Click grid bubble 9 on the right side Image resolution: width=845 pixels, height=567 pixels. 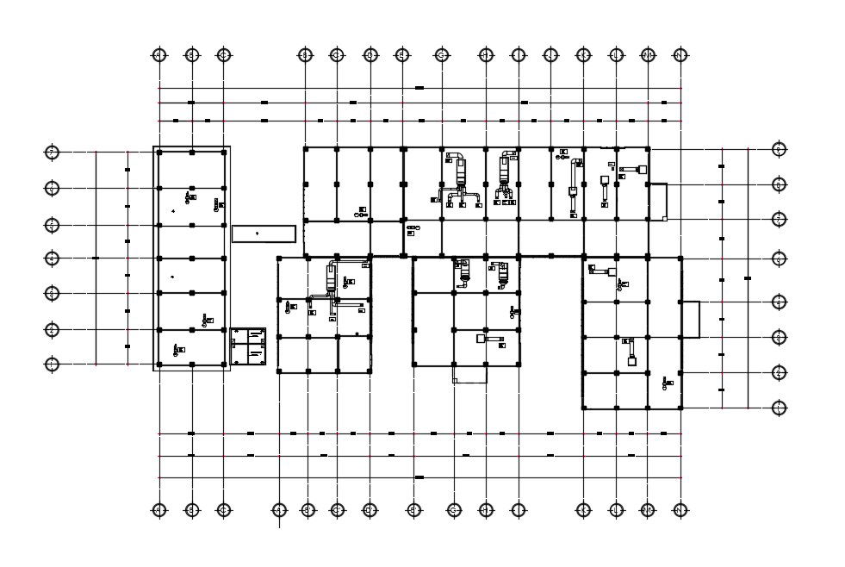780,149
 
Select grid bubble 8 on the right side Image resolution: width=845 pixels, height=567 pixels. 780,184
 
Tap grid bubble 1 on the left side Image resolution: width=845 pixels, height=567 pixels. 52,364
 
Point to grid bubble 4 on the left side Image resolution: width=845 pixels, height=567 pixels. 52,258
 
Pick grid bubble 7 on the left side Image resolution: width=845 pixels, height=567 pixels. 52,153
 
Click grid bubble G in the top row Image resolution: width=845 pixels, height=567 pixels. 442,55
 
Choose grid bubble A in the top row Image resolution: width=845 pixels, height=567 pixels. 158,55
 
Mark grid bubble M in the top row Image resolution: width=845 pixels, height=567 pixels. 648,55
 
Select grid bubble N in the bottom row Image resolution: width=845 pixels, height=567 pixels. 680,510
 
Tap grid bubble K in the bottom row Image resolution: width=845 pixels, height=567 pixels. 583,510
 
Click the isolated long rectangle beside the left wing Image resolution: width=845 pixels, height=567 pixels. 264,234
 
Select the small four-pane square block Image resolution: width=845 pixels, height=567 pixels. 250,348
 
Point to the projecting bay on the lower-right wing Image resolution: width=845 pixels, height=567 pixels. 690,319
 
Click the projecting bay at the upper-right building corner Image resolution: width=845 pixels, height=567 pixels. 657,202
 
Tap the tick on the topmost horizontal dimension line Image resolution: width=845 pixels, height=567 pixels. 419,88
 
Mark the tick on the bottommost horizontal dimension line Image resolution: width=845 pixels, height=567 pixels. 419,477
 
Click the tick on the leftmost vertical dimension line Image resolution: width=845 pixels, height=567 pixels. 96,258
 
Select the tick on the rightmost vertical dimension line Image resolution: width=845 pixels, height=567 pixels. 748,277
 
